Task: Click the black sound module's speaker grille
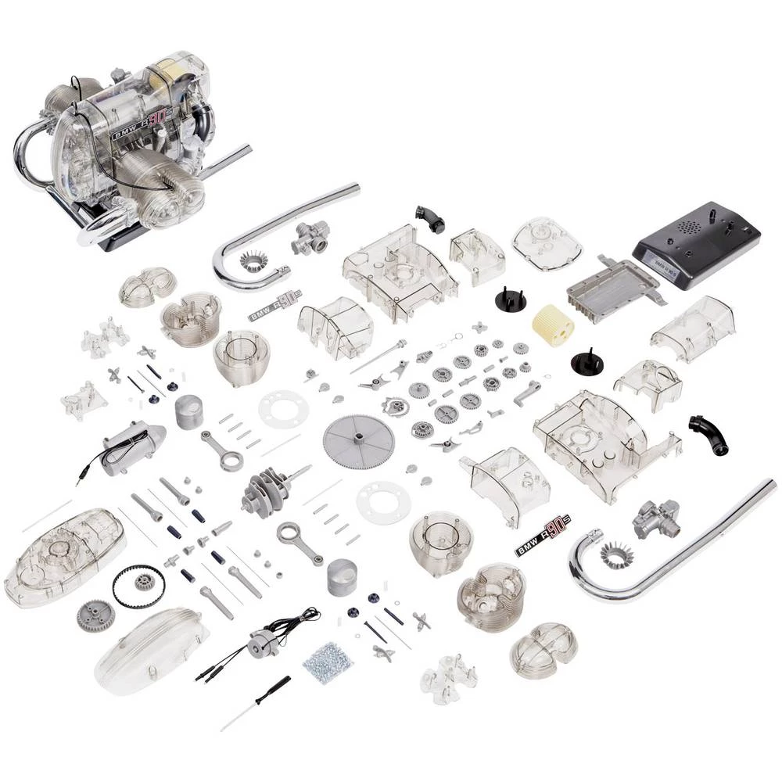[x=689, y=226]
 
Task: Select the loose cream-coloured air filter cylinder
[x=554, y=325]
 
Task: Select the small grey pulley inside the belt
[x=144, y=581]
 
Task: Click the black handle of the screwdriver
[x=274, y=688]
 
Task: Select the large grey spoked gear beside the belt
[x=95, y=616]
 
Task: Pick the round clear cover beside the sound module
[x=547, y=243]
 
